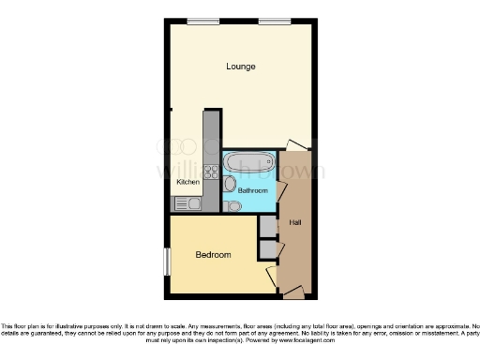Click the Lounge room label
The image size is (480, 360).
[x=241, y=67]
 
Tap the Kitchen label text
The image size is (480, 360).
[x=187, y=182]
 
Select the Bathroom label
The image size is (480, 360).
[x=250, y=190]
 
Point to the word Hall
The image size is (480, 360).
[x=295, y=222]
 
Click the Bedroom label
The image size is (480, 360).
[x=213, y=255]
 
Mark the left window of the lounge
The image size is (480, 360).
[x=197, y=22]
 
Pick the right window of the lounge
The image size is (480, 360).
[x=274, y=22]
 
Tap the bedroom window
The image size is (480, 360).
[x=167, y=262]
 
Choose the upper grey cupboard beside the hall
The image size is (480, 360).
[x=268, y=226]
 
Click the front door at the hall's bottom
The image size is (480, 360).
[x=294, y=293]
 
